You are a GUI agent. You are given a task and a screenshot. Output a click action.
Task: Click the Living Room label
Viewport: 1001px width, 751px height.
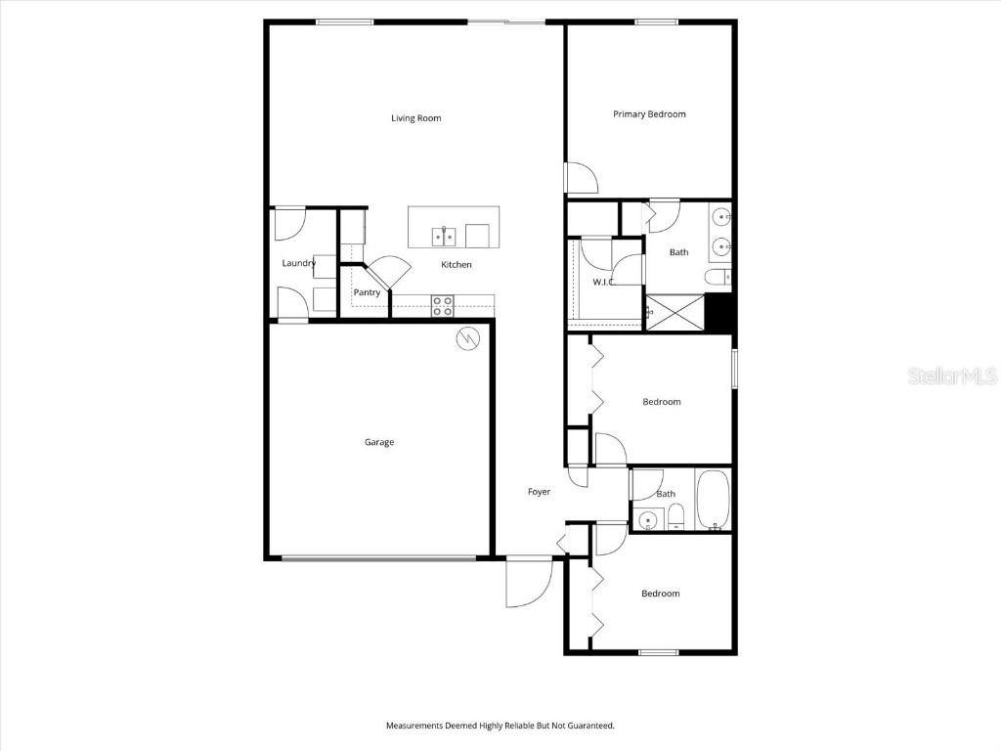pos(415,118)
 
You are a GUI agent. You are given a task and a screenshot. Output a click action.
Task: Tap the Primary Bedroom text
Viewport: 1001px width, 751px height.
pos(649,114)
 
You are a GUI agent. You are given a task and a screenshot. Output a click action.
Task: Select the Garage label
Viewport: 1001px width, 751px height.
pos(379,442)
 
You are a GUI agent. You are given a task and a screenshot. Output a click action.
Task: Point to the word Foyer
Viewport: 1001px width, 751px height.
pos(539,492)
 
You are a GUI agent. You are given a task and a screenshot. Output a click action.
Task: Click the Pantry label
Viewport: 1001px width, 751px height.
pos(367,292)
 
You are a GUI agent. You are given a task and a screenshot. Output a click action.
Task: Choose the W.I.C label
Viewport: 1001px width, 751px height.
pos(603,283)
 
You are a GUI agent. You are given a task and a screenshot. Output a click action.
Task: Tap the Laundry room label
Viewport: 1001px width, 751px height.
pos(298,263)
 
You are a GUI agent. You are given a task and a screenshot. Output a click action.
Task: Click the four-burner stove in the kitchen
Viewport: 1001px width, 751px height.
pos(443,304)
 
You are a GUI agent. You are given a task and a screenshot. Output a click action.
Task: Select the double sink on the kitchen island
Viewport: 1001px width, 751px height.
pos(444,236)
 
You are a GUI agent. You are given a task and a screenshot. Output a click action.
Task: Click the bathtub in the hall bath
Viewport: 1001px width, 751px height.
pos(712,500)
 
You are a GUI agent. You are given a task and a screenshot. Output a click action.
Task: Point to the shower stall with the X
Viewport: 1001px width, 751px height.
pos(675,312)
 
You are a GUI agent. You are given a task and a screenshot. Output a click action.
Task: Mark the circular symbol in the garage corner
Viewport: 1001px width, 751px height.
pos(469,338)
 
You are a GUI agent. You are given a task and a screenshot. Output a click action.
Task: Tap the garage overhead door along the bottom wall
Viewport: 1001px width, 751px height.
pos(379,558)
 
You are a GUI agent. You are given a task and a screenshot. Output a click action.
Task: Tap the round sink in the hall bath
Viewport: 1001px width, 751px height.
pos(645,518)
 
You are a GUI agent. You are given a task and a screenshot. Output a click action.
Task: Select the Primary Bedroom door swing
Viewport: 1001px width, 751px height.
pos(583,178)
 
